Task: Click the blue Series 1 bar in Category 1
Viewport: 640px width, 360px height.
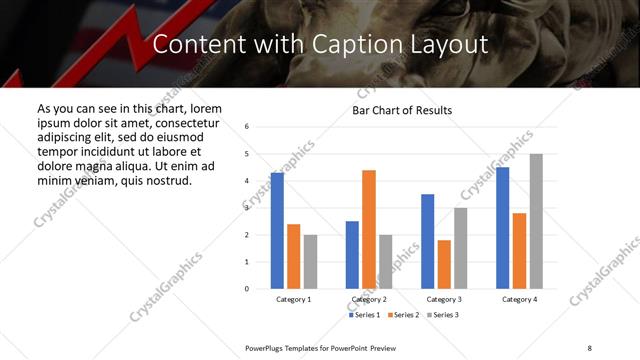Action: point(277,231)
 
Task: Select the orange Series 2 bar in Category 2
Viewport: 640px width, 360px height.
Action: point(369,229)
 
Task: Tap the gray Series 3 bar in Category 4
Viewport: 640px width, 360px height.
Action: point(536,221)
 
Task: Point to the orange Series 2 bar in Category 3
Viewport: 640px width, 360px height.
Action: point(444,264)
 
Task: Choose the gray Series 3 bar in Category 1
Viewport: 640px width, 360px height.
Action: point(310,261)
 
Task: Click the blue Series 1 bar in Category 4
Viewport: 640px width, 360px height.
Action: point(502,228)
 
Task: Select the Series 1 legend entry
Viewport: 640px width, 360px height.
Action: point(364,315)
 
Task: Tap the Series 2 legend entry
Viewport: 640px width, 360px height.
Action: point(403,315)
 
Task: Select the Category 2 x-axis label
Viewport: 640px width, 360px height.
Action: point(369,299)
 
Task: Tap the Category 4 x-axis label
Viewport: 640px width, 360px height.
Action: point(519,299)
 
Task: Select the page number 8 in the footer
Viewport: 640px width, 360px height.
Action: point(589,347)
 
